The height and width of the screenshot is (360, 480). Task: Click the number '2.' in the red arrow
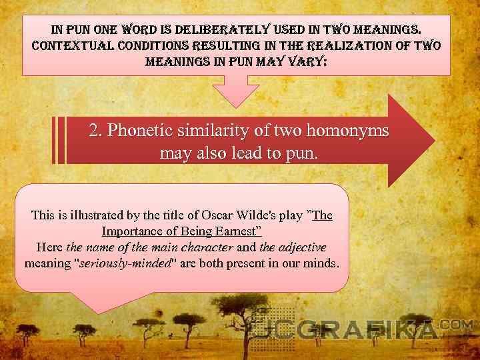[x=96, y=131]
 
